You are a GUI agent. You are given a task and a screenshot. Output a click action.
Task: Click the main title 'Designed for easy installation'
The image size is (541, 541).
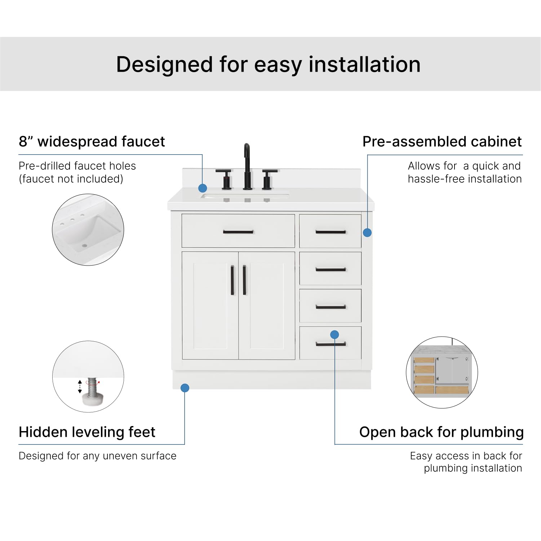click(268, 65)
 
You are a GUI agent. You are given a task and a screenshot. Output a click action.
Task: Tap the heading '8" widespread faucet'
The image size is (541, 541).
click(92, 142)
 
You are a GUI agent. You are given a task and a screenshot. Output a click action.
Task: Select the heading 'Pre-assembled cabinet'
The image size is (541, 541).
click(442, 142)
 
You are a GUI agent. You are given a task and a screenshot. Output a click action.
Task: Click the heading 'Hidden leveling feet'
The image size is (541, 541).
click(87, 432)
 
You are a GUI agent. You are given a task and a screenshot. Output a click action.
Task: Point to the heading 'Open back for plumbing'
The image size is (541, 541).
click(441, 432)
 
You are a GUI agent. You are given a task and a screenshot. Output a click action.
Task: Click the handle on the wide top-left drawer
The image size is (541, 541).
click(238, 232)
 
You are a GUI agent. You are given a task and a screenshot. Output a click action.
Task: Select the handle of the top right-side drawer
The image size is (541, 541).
click(331, 232)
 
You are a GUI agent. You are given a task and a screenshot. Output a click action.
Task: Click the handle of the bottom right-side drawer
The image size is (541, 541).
click(331, 344)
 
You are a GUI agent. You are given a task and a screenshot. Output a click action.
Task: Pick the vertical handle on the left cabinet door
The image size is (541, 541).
click(232, 280)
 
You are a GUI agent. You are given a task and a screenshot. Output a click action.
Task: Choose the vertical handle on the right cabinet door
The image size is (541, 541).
click(244, 280)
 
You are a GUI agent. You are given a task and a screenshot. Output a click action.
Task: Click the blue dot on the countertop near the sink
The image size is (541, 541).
click(203, 188)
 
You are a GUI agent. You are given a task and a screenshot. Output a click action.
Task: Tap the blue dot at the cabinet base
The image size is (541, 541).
click(185, 388)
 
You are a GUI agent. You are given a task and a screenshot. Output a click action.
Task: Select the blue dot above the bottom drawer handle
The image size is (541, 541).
click(334, 334)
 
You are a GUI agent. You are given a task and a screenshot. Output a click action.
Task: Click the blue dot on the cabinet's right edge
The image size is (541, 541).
click(367, 233)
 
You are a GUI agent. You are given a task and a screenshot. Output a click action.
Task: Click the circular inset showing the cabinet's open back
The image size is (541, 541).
click(442, 372)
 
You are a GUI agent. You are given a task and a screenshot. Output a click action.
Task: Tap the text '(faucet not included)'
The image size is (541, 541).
click(71, 179)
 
